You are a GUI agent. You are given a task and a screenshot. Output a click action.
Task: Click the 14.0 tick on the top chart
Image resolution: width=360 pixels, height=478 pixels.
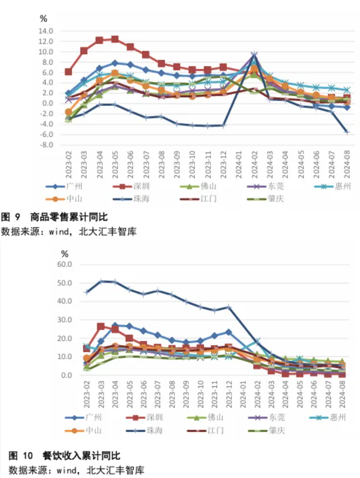(x=46, y=31)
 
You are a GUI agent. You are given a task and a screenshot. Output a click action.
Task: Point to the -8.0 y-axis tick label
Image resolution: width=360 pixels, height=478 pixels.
(x=46, y=145)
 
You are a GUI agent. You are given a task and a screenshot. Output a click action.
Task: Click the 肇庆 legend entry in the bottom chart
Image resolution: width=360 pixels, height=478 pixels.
(x=276, y=430)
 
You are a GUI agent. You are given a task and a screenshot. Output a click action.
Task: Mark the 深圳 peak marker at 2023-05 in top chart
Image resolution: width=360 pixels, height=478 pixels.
(x=115, y=39)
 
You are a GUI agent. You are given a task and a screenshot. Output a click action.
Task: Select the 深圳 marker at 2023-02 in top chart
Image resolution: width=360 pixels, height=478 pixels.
(x=68, y=72)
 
